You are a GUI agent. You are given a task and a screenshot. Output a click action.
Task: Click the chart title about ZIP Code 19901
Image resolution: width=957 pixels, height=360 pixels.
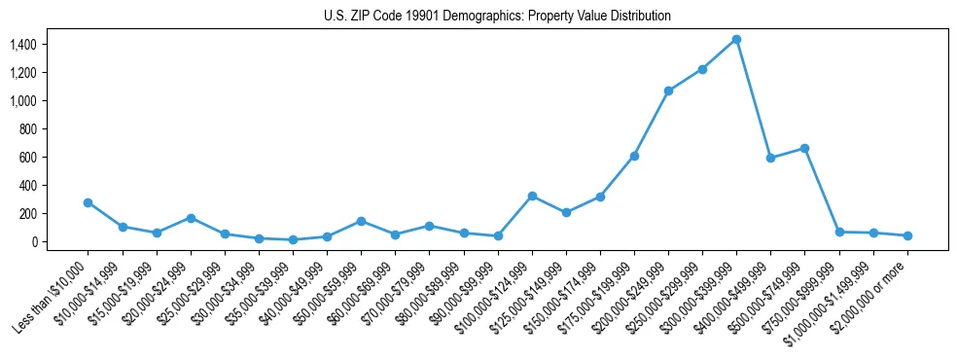point(497,17)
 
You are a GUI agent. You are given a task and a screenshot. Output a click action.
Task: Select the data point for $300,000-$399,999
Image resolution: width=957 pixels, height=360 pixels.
point(736,39)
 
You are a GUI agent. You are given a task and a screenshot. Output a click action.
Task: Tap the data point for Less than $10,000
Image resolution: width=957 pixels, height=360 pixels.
point(88,202)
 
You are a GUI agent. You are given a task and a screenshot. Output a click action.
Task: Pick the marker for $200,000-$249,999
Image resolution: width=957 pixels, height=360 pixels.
point(668,90)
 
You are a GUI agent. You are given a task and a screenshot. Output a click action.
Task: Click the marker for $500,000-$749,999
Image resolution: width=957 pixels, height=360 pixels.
point(804,148)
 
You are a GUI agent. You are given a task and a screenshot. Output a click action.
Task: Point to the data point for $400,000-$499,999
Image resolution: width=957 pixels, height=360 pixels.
point(770,158)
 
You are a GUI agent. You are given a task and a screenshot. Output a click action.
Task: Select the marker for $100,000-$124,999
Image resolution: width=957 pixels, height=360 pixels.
point(532,196)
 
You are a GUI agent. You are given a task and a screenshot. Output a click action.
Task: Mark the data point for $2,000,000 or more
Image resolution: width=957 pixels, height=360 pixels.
point(907,235)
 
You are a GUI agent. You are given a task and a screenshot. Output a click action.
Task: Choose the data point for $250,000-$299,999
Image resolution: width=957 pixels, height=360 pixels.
point(702,69)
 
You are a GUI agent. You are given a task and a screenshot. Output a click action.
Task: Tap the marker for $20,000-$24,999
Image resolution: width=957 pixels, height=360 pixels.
point(191,218)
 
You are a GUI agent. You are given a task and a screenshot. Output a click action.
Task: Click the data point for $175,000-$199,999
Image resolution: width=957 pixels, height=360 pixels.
point(634,156)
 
